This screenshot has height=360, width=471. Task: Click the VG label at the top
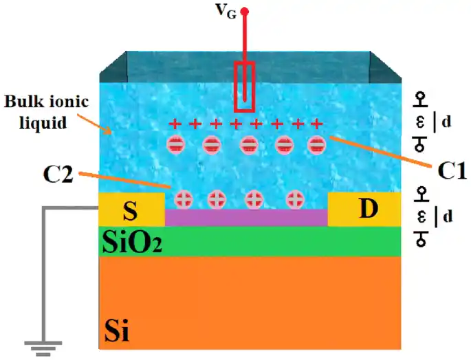click(228, 12)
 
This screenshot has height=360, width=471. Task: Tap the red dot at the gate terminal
click(244, 11)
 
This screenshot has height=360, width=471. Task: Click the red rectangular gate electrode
click(245, 86)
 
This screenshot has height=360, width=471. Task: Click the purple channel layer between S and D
click(246, 217)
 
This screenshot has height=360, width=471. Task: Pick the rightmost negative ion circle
click(316, 144)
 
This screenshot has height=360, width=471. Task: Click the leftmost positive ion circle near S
click(184, 199)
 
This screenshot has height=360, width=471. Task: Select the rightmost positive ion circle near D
click(296, 199)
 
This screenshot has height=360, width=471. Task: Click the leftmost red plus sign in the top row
click(175, 124)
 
